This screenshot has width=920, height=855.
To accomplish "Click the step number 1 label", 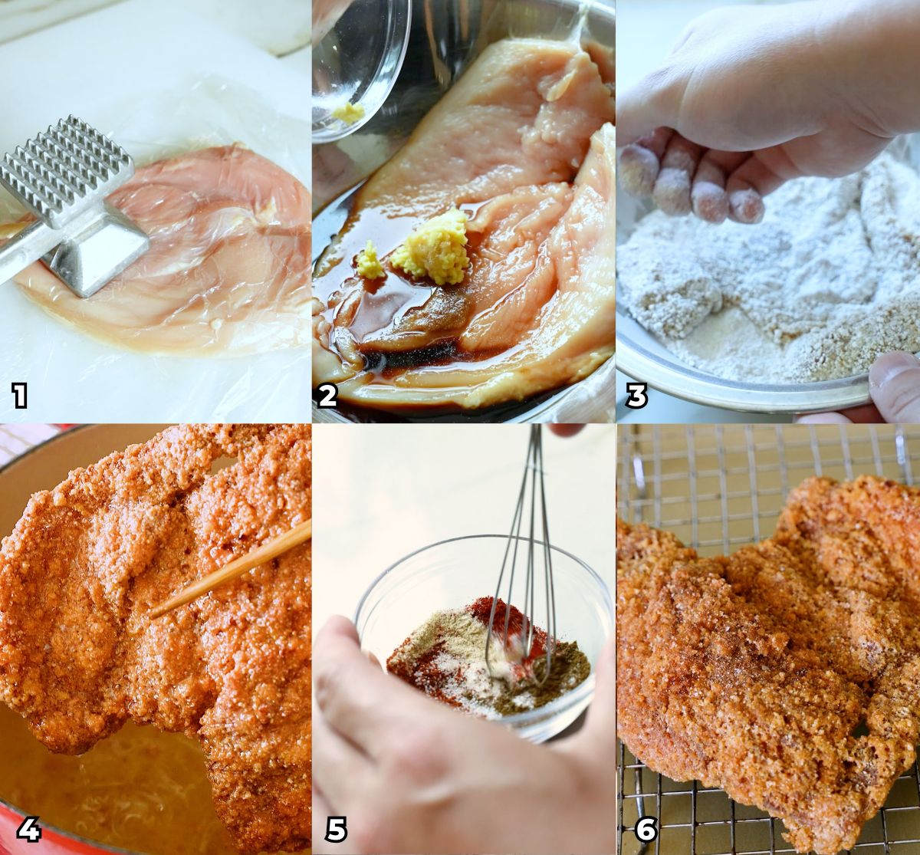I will click(19, 396).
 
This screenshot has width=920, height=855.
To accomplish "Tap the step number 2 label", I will click(327, 396).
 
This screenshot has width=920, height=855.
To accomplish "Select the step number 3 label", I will click(636, 396).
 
